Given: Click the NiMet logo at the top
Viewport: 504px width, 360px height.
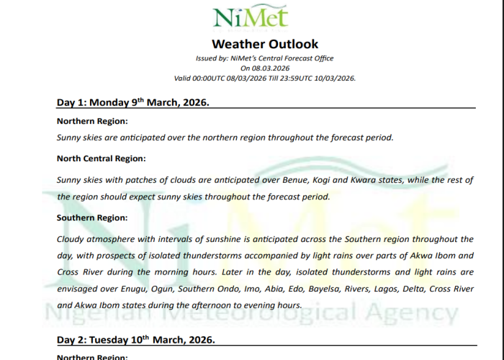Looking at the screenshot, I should (250, 18).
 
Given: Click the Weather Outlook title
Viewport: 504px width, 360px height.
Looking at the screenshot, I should (265, 44).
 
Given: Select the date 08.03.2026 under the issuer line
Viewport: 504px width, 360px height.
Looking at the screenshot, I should (274, 68).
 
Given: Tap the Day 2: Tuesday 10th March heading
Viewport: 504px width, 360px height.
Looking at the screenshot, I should (135, 339).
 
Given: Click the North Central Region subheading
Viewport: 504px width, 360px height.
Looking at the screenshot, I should (102, 158).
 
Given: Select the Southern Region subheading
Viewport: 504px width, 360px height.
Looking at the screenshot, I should (92, 217).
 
